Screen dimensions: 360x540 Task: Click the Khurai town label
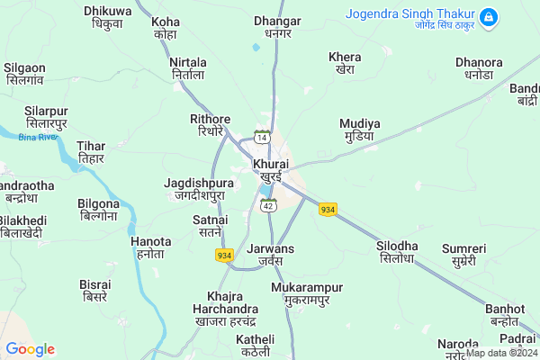coord(271,170)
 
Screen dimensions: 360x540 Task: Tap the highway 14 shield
coord(262,137)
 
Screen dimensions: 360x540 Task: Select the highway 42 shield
coord(268,206)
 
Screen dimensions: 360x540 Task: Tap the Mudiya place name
coord(359,130)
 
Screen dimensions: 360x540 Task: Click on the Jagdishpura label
coord(199,188)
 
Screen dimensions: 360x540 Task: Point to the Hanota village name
coord(150,247)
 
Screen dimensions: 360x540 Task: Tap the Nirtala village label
coord(189,67)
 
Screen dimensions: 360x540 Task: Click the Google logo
coord(30,349)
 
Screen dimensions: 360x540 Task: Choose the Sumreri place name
coord(463,254)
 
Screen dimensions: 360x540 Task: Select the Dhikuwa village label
coord(107,17)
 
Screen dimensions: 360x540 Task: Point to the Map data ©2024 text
coord(500,353)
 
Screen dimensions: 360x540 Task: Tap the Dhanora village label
coord(480,68)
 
